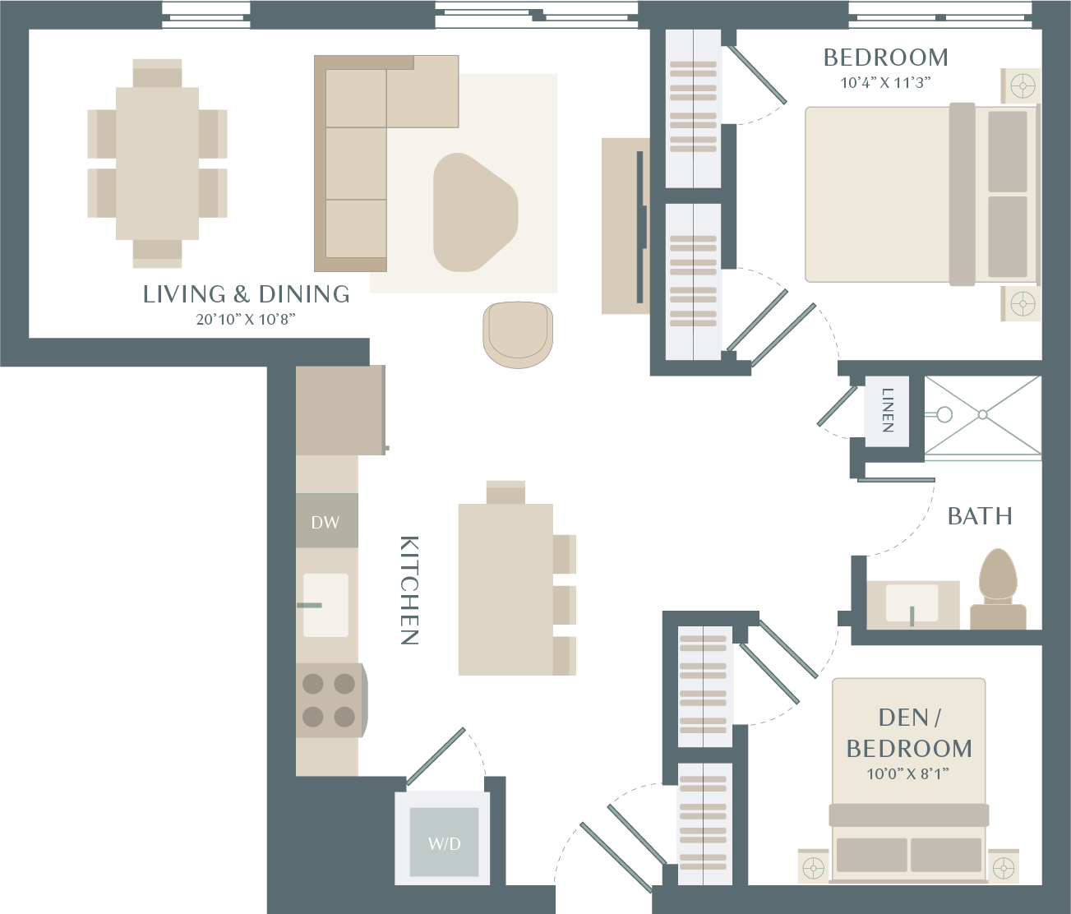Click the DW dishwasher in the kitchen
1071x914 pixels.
(x=326, y=520)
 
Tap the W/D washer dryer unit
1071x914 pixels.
(x=444, y=842)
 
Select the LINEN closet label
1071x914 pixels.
(x=888, y=410)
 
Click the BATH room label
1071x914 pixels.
(x=980, y=516)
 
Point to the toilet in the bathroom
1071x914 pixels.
(x=998, y=589)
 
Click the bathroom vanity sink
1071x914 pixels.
(x=912, y=603)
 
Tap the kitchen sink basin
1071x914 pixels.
(x=325, y=605)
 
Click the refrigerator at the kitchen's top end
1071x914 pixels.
(x=340, y=410)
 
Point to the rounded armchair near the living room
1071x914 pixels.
(x=518, y=335)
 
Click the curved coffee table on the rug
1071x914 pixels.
(x=474, y=212)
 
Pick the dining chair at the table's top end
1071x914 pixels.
(x=157, y=73)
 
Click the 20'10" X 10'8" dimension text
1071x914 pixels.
(x=246, y=319)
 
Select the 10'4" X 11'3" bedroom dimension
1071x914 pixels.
(x=885, y=83)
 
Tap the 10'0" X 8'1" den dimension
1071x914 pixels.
(x=907, y=774)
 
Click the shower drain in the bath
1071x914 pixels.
(x=982, y=414)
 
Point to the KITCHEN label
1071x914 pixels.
(x=409, y=590)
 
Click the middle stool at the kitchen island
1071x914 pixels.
(x=564, y=605)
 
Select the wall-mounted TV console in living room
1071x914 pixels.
(x=626, y=226)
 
